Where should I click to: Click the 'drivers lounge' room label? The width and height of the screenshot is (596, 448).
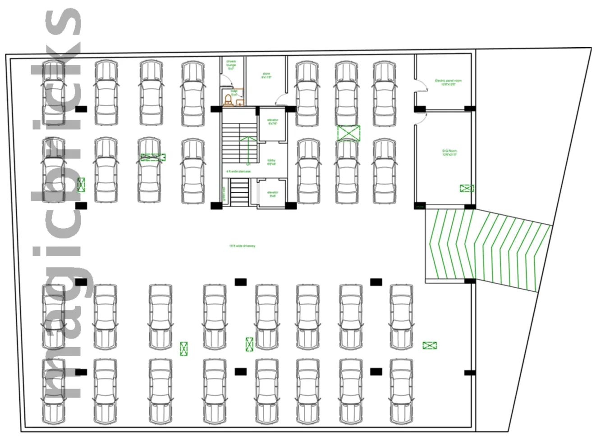[x=231, y=65]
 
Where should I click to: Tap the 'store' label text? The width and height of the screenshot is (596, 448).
[x=266, y=76]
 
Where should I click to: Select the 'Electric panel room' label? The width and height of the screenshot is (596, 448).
[x=448, y=82]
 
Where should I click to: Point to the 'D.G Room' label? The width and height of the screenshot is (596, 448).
[x=449, y=153]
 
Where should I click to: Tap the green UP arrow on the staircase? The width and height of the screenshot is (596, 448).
[x=248, y=149]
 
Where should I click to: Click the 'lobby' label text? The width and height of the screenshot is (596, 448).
[x=271, y=162]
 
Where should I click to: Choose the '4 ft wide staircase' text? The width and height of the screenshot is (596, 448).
[x=238, y=172]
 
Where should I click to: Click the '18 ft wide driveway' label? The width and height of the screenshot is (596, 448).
[x=242, y=246]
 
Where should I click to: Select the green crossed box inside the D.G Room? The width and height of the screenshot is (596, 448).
[x=467, y=188]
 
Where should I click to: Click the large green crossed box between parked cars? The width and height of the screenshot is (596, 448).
[x=349, y=133]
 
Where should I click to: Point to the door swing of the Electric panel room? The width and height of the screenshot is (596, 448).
[x=420, y=86]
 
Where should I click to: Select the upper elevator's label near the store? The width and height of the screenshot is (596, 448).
[x=273, y=122]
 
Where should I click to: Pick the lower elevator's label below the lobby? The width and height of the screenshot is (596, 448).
[x=273, y=194]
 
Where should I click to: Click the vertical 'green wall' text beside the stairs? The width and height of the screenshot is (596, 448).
[x=223, y=194]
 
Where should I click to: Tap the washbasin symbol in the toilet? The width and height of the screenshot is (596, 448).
[x=240, y=102]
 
